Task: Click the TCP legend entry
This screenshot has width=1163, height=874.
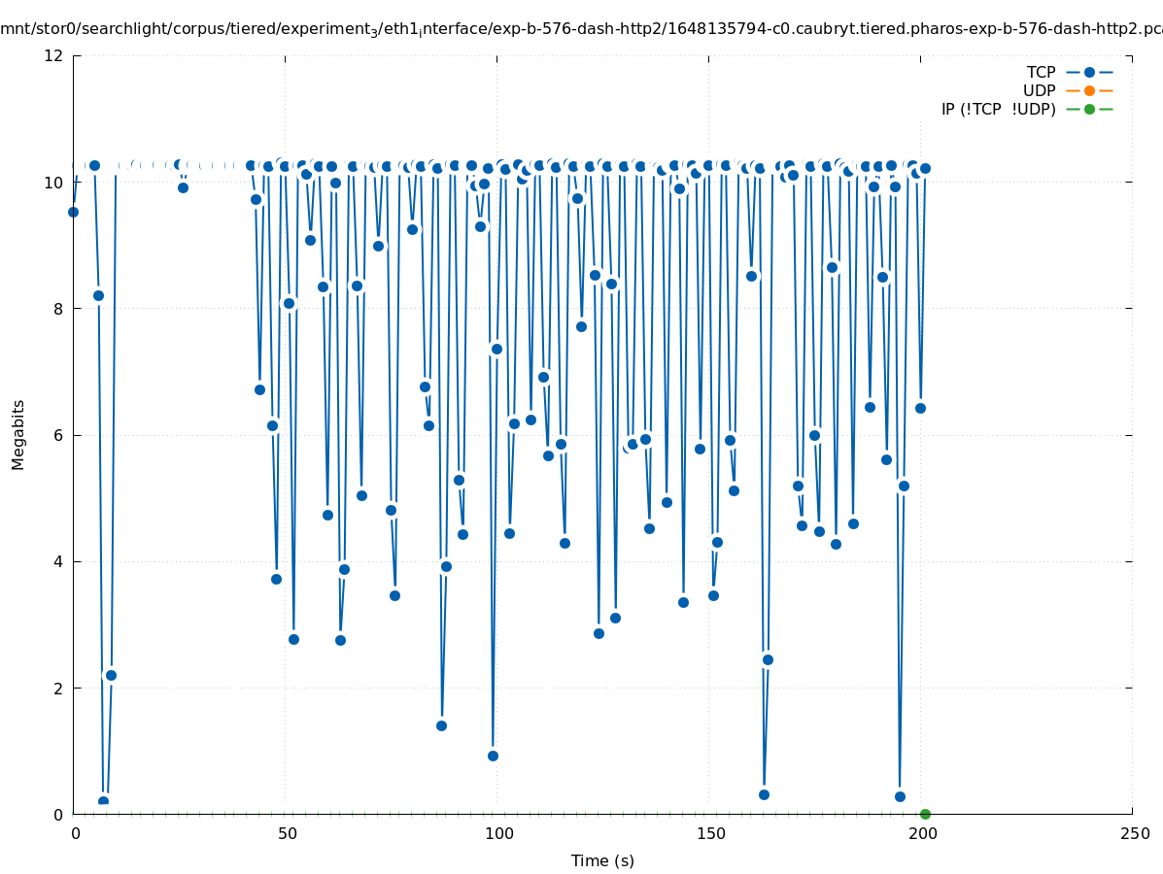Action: (1041, 72)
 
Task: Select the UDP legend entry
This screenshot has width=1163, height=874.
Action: (1039, 90)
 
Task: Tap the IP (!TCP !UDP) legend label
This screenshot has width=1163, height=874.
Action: (998, 109)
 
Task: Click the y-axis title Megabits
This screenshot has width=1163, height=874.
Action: (18, 434)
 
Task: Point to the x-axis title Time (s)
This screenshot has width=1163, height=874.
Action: (602, 860)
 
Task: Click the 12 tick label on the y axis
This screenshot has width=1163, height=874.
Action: (54, 55)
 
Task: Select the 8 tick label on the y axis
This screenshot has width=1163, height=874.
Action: (59, 309)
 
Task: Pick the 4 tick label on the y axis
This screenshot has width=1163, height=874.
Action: (59, 561)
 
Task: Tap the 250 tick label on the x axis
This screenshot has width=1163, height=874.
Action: (1133, 833)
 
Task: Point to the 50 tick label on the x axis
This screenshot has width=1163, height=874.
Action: (286, 833)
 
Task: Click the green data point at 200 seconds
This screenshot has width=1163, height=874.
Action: (925, 814)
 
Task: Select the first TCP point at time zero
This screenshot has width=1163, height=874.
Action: (73, 212)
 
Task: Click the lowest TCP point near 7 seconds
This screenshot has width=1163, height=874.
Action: (103, 801)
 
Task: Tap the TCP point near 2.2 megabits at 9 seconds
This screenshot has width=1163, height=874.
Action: (111, 675)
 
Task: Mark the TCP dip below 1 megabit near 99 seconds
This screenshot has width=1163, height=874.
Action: (493, 756)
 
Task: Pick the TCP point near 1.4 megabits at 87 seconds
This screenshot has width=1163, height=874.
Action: (441, 725)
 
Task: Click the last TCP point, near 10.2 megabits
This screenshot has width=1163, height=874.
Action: (925, 168)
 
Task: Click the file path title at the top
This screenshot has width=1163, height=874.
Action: (581, 29)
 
